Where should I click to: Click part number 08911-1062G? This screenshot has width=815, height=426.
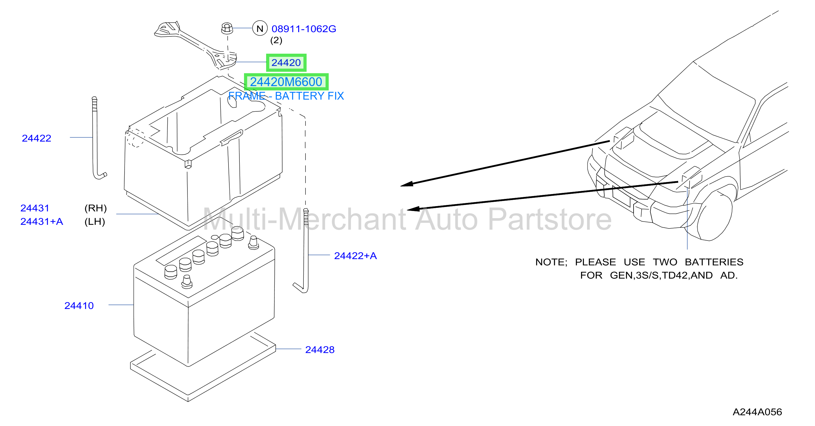304,29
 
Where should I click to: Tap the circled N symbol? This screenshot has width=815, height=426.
260,28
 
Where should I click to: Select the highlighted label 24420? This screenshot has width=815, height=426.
286,63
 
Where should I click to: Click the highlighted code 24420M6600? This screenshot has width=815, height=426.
286,82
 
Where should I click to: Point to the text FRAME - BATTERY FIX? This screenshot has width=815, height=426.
286,96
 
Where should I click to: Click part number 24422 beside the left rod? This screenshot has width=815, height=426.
36,138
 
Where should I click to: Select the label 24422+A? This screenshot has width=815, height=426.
355,255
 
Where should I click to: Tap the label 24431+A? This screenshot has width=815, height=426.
42,221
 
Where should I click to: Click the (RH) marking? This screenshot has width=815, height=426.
96,208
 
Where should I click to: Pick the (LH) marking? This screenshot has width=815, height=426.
95,221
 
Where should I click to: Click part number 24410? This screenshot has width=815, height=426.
79,305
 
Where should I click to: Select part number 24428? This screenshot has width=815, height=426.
320,349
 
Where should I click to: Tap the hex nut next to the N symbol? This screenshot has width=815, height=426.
227,28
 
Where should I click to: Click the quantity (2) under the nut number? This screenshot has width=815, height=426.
276,40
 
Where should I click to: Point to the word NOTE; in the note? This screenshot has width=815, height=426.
551,262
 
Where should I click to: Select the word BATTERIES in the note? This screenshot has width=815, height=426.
714,262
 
